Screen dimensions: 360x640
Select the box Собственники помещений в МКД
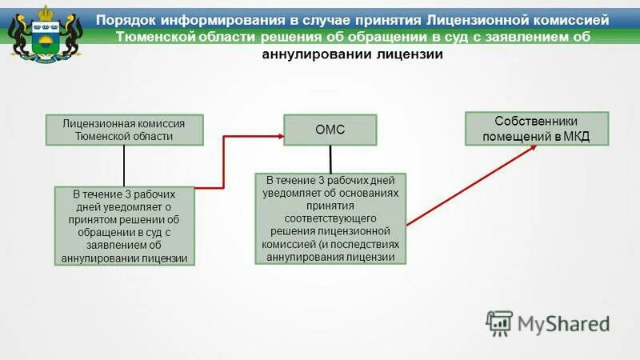(x=537, y=128)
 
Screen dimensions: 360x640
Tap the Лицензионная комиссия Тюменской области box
(x=124, y=130)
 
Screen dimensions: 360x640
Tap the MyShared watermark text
(x=563, y=323)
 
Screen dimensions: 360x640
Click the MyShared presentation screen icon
(x=498, y=322)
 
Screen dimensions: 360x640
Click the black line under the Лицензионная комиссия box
(x=124, y=166)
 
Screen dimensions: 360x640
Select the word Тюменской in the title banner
(x=154, y=36)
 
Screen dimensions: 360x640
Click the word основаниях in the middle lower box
(x=370, y=193)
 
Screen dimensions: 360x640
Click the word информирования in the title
(x=221, y=18)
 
